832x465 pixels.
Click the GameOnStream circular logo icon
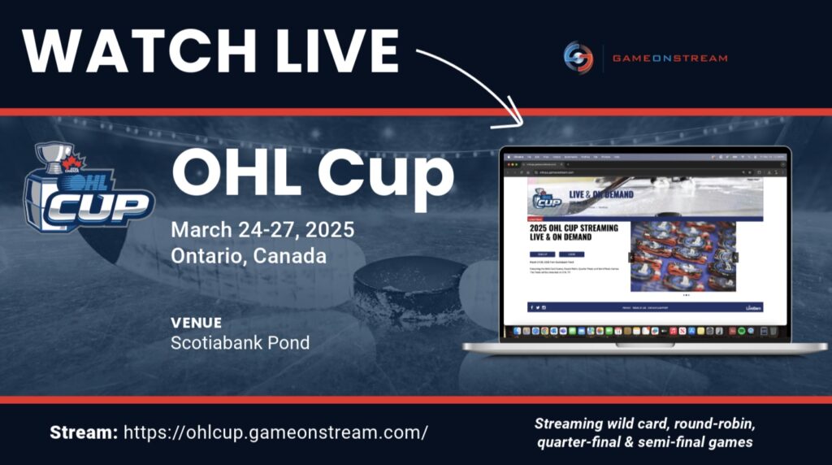point(578,57)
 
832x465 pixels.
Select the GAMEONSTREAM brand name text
point(669,58)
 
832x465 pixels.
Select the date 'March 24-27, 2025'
point(262,229)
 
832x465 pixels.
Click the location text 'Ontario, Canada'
point(249,256)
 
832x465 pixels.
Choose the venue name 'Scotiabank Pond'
point(240,342)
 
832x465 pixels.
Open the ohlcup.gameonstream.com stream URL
point(275,432)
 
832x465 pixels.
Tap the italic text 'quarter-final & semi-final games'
point(644,442)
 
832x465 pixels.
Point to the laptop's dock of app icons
point(642,331)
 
